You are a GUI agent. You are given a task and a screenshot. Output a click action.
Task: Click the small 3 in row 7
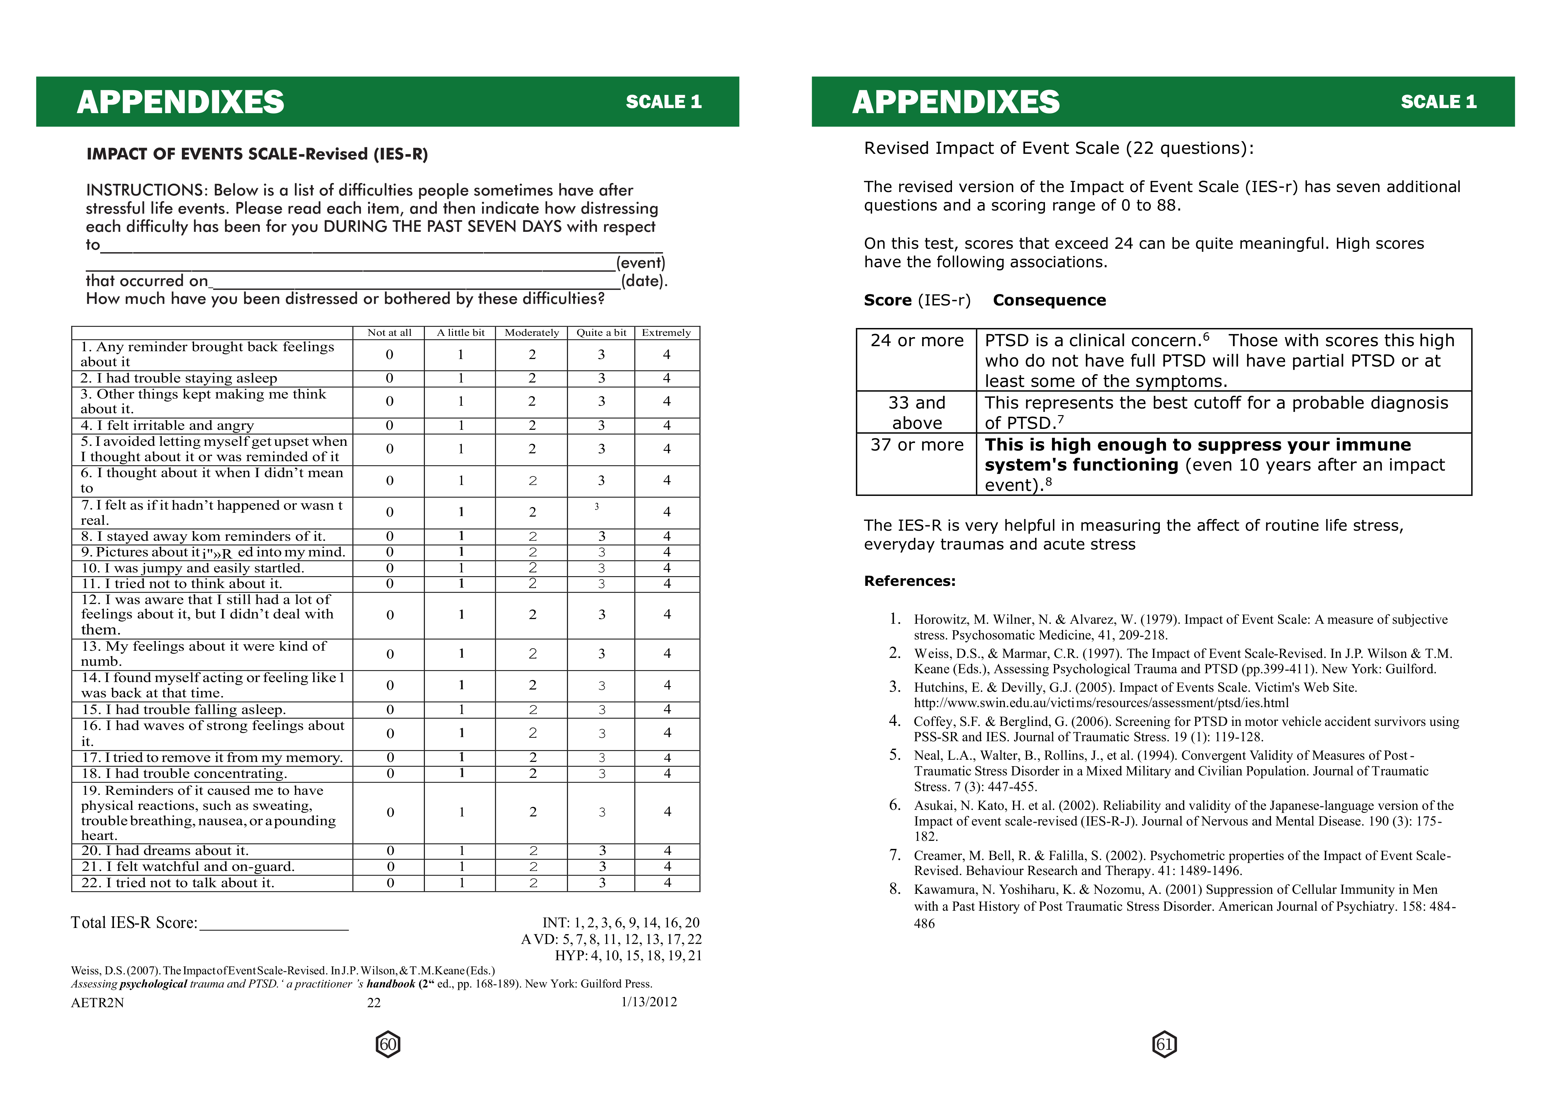click(597, 506)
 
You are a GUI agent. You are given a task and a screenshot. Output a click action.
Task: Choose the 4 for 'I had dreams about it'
click(667, 851)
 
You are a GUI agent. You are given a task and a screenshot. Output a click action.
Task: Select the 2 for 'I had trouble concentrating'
click(533, 773)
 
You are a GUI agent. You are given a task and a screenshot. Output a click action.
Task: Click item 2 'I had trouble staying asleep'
click(178, 378)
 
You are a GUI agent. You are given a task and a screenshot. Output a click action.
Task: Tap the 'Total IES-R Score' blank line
click(274, 925)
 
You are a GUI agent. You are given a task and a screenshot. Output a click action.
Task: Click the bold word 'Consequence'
click(1049, 300)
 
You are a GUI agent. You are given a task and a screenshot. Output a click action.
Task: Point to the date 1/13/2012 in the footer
click(649, 1002)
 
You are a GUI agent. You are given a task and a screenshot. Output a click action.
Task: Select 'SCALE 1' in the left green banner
click(664, 102)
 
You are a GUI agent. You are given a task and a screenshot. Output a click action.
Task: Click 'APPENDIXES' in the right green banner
click(956, 102)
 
